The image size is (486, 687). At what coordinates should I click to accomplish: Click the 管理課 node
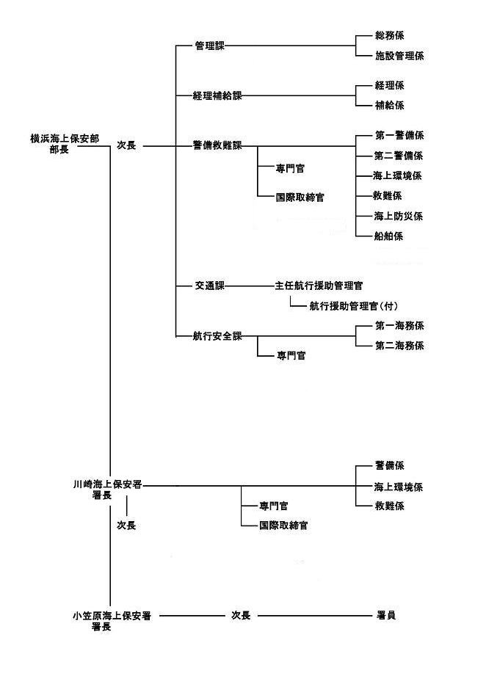click(210, 46)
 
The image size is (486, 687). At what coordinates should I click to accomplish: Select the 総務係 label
click(389, 35)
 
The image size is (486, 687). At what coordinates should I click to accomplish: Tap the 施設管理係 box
click(399, 56)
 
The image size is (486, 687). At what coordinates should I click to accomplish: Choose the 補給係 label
click(389, 106)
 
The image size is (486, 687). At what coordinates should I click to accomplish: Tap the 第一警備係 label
click(399, 136)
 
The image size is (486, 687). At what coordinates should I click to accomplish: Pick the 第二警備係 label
click(399, 156)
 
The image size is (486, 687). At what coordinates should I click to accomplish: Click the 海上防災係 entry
click(399, 217)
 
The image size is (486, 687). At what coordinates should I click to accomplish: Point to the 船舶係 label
click(389, 236)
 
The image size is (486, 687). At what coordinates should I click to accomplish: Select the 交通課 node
click(210, 285)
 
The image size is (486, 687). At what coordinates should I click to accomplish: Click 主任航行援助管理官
click(319, 285)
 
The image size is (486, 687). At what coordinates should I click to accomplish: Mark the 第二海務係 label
click(399, 346)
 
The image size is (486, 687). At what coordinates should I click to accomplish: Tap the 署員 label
click(386, 616)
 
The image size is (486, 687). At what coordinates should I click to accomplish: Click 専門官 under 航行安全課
click(291, 356)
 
